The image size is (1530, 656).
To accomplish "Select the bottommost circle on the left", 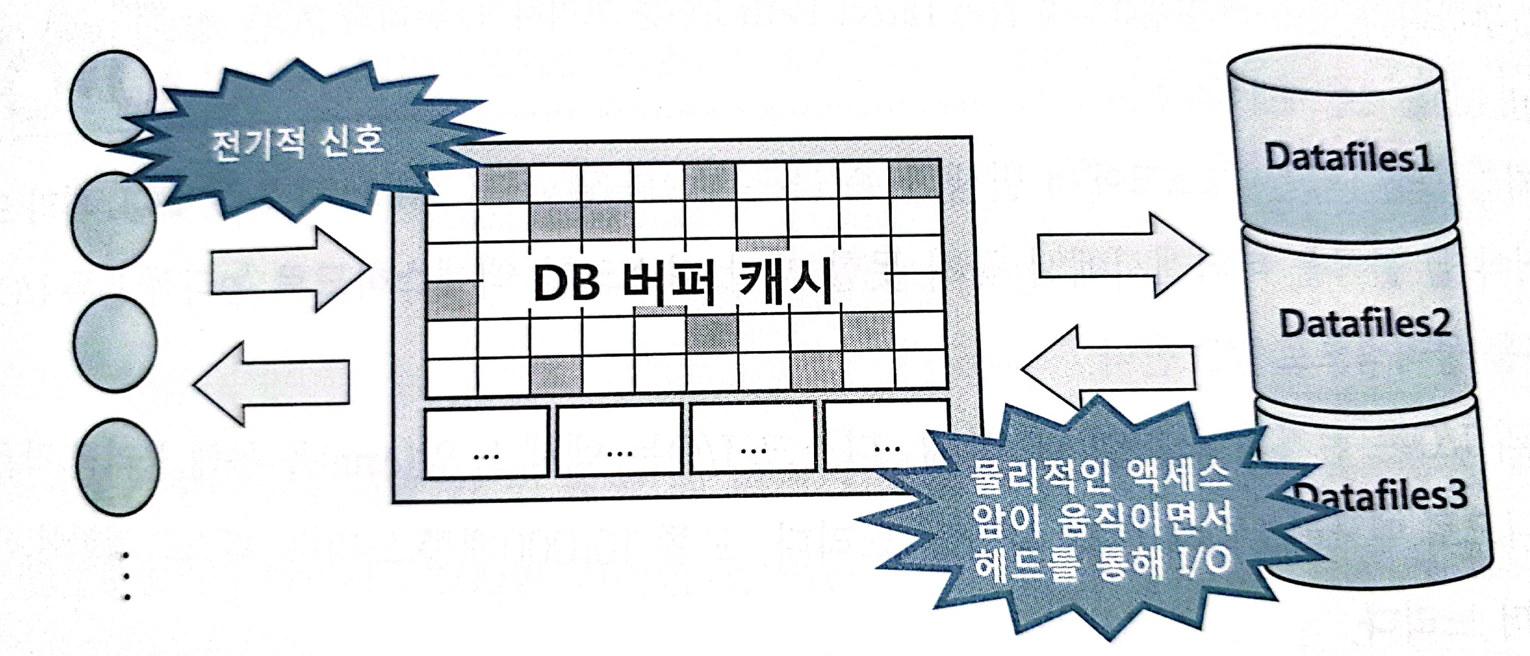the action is (118, 467).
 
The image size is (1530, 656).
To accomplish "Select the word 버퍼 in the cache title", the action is (668, 283).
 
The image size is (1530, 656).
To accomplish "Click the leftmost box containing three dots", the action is (486, 443).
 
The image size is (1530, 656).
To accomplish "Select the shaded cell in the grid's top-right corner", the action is (915, 178).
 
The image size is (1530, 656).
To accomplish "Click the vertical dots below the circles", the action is (126, 576).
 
